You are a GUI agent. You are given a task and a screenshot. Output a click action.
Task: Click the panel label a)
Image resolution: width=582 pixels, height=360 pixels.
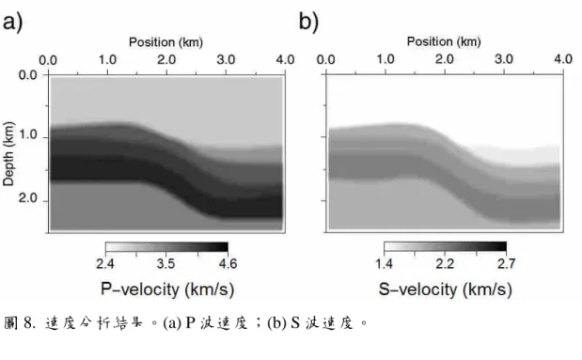pos(12,23)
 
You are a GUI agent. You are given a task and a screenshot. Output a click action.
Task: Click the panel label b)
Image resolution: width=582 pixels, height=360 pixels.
pos(308,22)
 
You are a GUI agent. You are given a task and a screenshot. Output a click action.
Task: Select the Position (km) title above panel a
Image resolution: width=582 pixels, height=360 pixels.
pos(165,42)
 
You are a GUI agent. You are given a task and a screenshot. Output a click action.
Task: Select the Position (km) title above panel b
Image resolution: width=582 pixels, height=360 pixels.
pos(444,41)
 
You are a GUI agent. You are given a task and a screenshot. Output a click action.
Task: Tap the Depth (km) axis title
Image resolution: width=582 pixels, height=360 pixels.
pos(8,153)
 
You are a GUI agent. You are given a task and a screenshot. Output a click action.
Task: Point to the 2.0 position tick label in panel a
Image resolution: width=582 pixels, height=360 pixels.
pos(166,60)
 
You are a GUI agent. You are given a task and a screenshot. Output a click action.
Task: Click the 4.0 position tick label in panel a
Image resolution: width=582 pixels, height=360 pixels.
pos(285,60)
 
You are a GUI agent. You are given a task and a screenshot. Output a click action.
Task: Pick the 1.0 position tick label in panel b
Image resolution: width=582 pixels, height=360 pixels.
pos(385,59)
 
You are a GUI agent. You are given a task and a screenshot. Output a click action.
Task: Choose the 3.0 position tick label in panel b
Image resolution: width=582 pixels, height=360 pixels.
pos(504,59)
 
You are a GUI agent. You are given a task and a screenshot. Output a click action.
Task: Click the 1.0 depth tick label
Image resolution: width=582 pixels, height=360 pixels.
pos(28,134)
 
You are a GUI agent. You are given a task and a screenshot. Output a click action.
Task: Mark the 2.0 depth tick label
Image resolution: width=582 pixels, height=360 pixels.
pos(28,198)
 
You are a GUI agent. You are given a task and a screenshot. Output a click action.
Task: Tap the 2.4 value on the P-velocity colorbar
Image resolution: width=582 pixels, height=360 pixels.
pos(105,263)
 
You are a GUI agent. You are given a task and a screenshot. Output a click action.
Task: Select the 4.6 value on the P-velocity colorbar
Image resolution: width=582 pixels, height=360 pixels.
pos(228,263)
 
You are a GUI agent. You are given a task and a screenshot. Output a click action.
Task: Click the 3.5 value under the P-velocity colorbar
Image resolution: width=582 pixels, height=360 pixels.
pos(165,263)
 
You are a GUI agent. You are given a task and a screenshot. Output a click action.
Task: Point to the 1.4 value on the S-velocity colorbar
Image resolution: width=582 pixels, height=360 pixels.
pos(384,263)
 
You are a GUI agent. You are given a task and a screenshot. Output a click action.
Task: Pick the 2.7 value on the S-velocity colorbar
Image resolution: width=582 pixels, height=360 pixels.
pos(506,263)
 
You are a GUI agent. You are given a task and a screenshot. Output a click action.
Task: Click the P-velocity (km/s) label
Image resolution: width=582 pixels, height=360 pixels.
pos(167,290)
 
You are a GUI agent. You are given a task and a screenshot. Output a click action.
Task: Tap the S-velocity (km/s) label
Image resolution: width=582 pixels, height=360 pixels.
pos(446,290)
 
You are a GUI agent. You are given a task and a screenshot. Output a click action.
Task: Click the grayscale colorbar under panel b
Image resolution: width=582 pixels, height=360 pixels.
pos(445,247)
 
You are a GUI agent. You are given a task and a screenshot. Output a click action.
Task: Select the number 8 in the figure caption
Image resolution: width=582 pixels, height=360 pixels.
pos(29,323)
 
